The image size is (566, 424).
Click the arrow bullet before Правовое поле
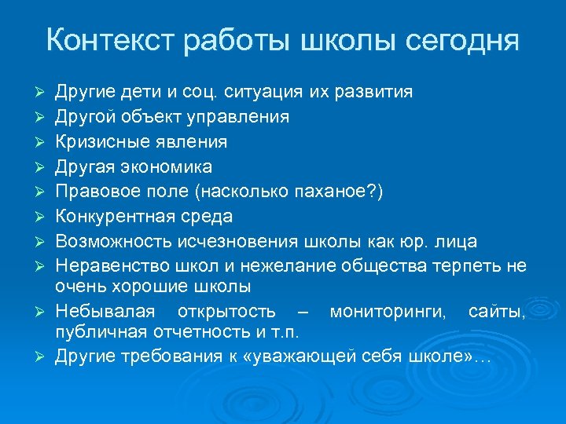tap(37, 192)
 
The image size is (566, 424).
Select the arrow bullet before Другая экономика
tap(37, 167)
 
